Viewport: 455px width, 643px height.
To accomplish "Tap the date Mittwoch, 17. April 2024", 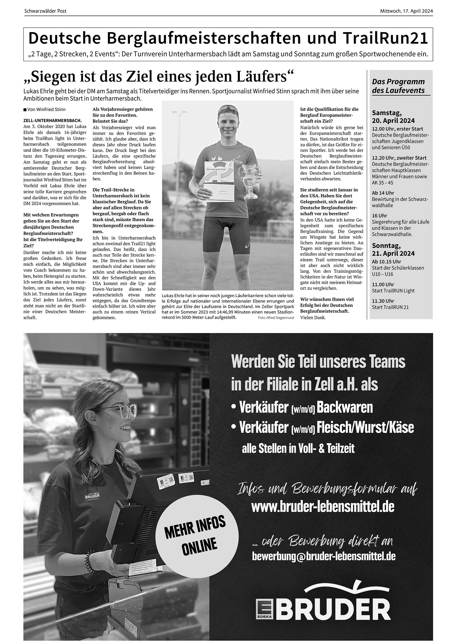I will [406, 11].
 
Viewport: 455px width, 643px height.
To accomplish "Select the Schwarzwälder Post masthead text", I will [45, 11].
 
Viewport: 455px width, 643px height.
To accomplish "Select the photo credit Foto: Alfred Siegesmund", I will [276, 318].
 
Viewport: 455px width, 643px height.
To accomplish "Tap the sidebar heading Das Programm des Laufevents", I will [398, 86].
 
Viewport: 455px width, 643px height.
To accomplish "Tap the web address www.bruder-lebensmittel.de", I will [323, 507].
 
